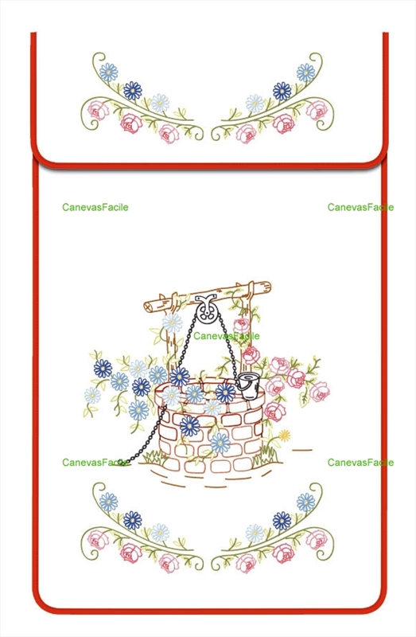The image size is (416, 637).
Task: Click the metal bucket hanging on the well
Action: (x=248, y=385)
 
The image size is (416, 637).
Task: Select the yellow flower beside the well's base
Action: (x=285, y=436)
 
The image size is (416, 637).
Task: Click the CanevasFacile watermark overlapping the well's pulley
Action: (x=226, y=336)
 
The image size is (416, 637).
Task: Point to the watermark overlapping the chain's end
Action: (x=95, y=463)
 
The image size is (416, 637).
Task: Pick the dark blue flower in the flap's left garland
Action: (x=133, y=91)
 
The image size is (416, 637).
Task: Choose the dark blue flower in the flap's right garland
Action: (x=282, y=91)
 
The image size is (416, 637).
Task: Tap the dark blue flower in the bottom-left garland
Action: (x=133, y=521)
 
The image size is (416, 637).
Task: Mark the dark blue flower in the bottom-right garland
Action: (x=282, y=521)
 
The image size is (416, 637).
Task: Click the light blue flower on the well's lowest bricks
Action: (x=220, y=443)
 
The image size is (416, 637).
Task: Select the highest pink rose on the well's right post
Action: (x=242, y=326)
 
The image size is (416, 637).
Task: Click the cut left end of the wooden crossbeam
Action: (x=149, y=307)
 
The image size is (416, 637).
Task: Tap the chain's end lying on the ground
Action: (x=121, y=463)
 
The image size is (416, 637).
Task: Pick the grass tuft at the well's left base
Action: (x=154, y=457)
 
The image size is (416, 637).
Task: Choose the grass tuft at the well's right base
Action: (x=265, y=456)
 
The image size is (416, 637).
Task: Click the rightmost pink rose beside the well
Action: (x=320, y=391)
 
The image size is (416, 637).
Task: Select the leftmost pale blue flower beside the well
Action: (x=92, y=395)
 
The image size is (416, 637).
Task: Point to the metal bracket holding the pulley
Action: (x=206, y=301)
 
